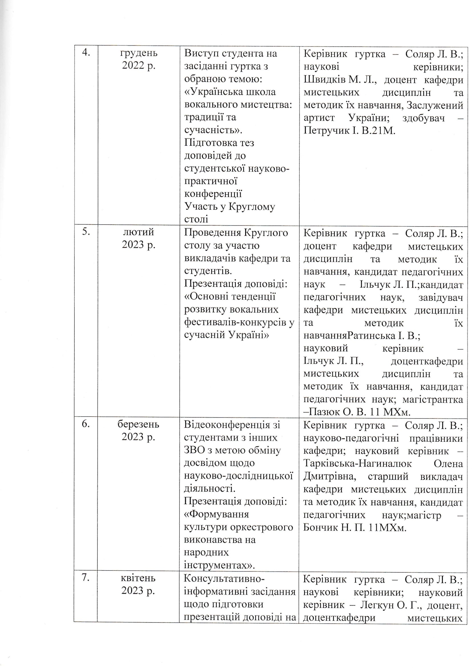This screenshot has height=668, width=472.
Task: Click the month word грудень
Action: [x=139, y=53]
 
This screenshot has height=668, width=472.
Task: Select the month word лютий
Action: [x=139, y=233]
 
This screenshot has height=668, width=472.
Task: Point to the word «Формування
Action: [x=217, y=514]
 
